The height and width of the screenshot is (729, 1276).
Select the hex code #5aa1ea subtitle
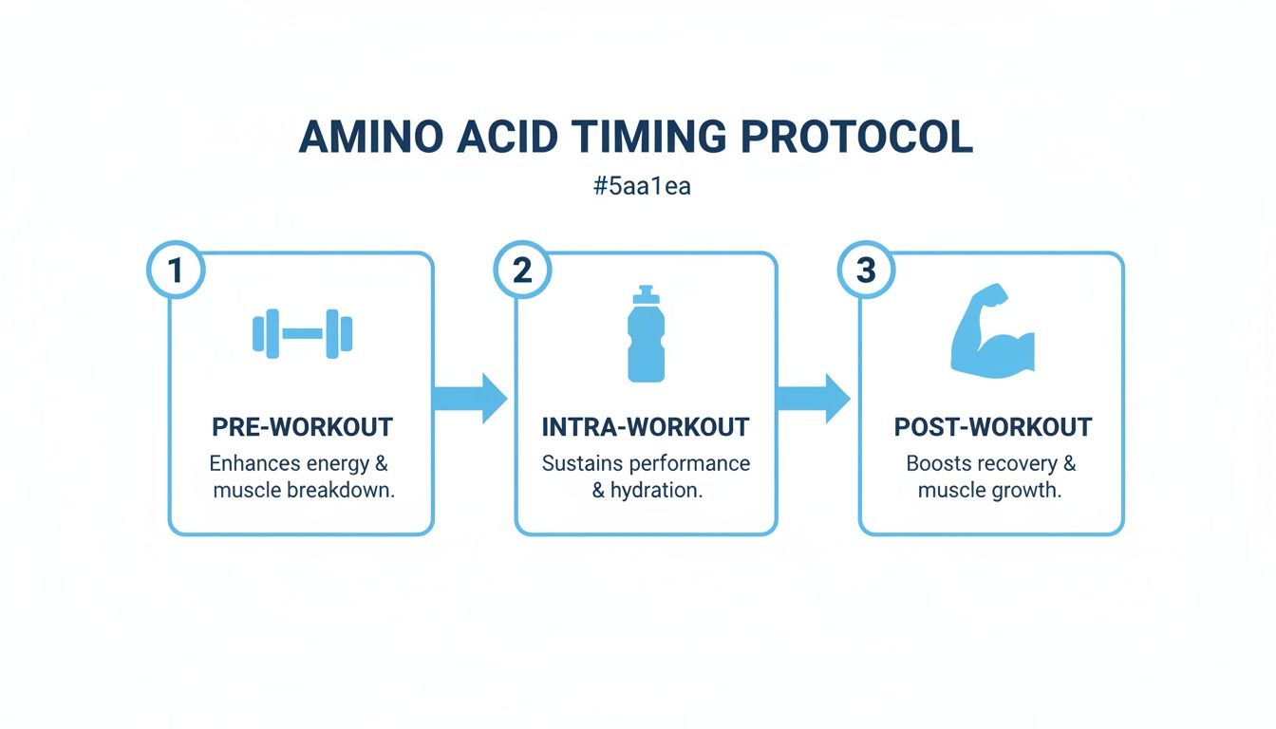[x=642, y=186]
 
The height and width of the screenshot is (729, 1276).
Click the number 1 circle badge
[x=176, y=271]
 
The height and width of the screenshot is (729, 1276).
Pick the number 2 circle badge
[x=522, y=271]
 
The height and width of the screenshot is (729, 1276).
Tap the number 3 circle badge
[x=866, y=271]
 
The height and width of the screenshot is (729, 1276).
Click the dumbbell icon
[x=302, y=333]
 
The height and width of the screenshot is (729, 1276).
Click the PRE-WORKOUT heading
[x=302, y=427]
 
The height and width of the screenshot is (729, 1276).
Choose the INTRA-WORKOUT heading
[x=646, y=427]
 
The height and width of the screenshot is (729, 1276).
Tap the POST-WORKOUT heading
[x=993, y=427]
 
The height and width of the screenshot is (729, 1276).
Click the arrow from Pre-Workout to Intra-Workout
[x=470, y=398]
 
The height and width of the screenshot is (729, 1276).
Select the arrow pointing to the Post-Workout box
[x=814, y=398]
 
